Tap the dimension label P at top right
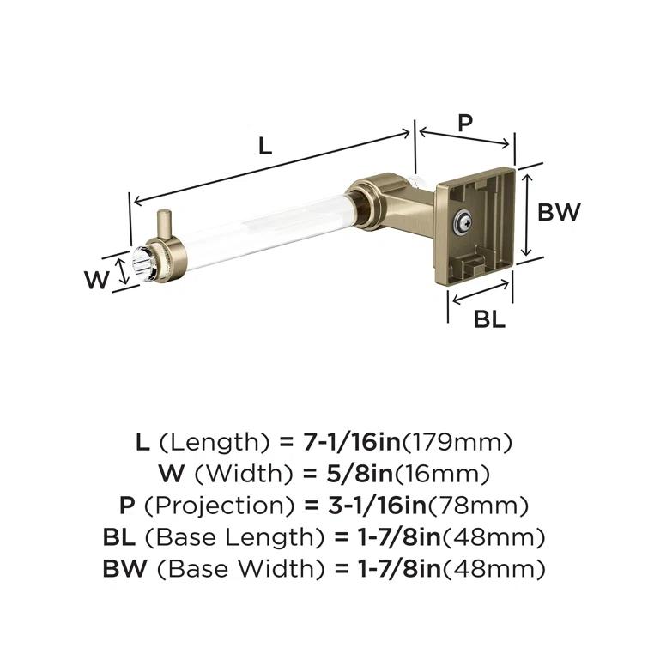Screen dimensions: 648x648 (464, 124)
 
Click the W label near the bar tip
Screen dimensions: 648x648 (98, 279)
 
